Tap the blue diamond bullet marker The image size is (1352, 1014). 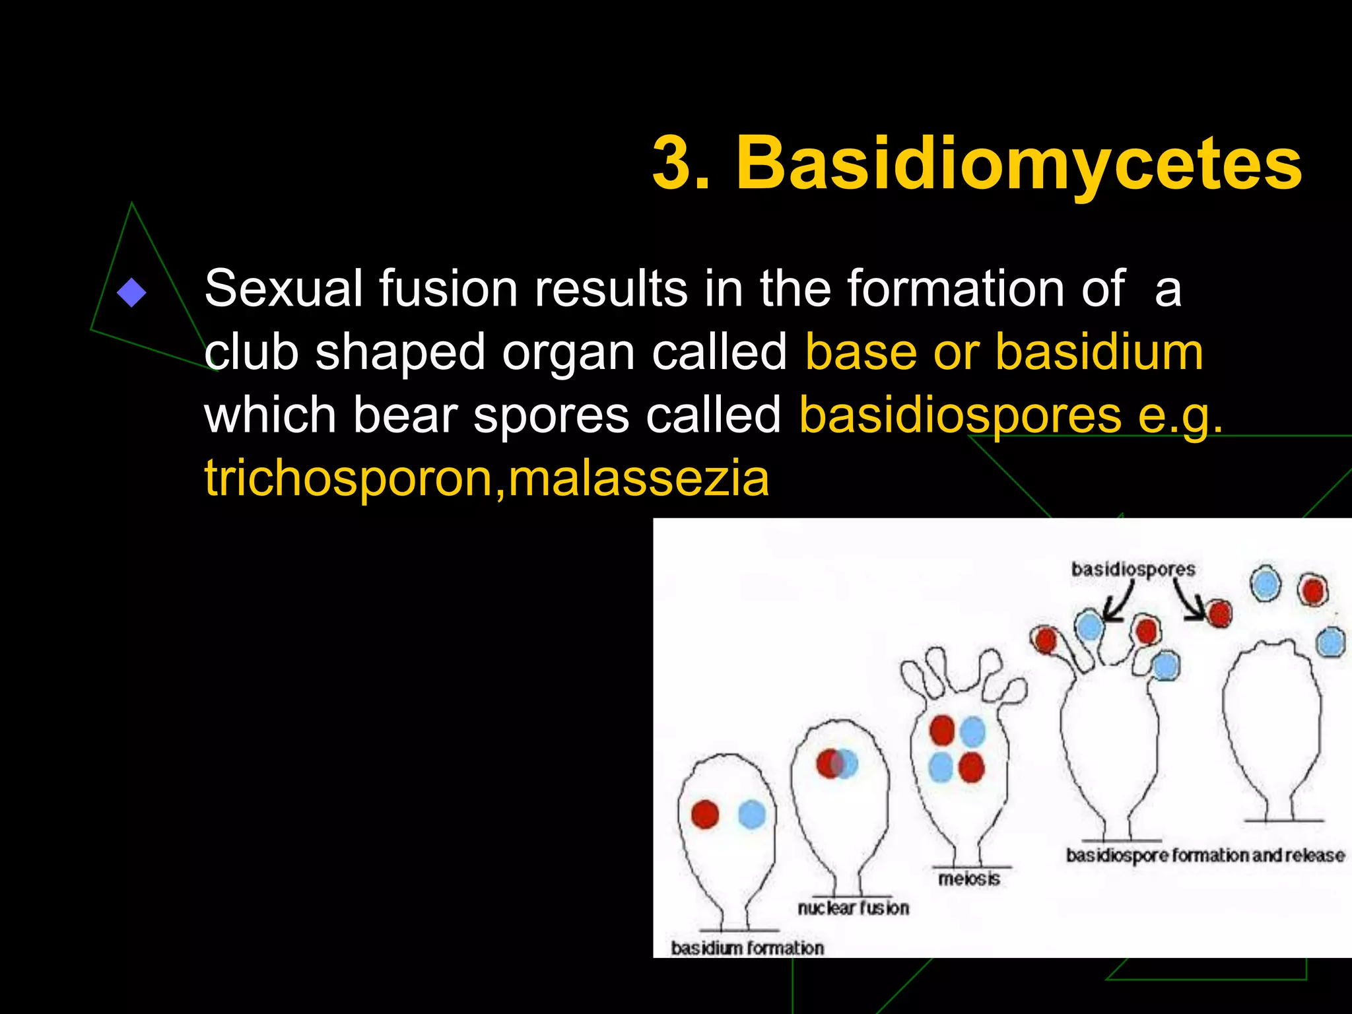[131, 292]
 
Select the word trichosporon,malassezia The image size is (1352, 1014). [487, 479]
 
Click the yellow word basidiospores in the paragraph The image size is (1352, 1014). [960, 416]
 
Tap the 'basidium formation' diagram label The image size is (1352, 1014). [747, 948]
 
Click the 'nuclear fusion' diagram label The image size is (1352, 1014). [853, 908]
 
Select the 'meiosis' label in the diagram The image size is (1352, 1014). [968, 879]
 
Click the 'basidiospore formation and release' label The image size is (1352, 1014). [1205, 856]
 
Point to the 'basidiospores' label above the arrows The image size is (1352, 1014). [1133, 569]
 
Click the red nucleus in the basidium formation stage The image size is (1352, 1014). [705, 814]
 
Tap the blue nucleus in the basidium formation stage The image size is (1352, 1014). [752, 815]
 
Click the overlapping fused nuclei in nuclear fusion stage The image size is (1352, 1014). [836, 764]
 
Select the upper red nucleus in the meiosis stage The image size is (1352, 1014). [942, 731]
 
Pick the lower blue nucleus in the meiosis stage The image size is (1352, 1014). [941, 767]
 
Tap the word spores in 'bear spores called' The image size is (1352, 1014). [551, 416]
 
